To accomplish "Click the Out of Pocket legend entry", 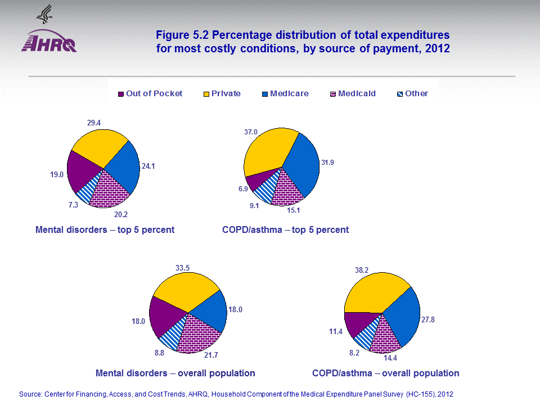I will click(150, 94).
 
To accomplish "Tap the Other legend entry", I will click(412, 94).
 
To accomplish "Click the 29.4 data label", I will click(94, 121).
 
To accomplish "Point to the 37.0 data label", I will click(251, 132).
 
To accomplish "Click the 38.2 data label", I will click(361, 270).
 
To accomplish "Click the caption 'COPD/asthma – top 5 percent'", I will click(285, 229).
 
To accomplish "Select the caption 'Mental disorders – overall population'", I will click(175, 373).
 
